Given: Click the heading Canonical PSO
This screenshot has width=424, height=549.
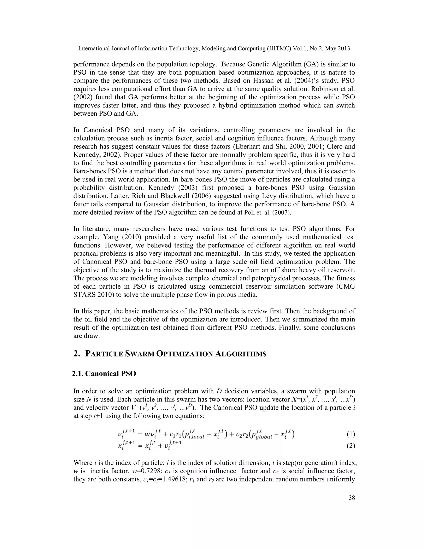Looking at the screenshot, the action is coord(111,374).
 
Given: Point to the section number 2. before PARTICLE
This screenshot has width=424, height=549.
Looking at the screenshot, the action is coord(77,354).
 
